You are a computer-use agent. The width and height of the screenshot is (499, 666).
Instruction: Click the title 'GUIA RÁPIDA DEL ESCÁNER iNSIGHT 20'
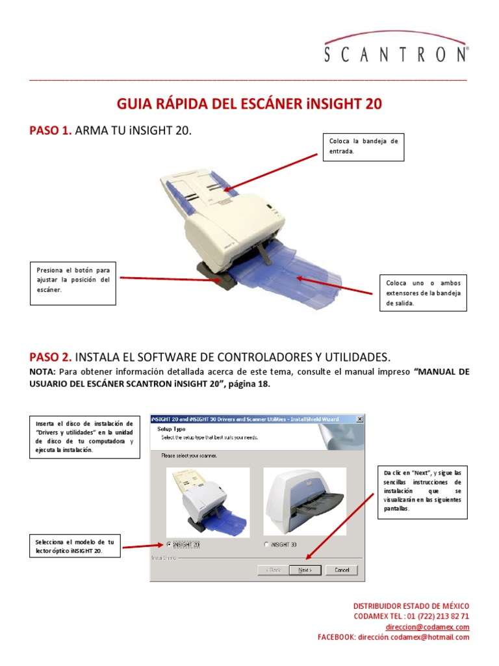(249, 105)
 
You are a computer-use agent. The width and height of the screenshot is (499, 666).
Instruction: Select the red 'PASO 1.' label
(51, 131)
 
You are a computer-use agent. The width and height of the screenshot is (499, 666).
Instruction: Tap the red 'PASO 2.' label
(51, 357)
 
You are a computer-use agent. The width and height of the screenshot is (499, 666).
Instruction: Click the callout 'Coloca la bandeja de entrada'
(363, 146)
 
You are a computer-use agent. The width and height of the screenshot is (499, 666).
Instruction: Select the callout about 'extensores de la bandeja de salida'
(423, 293)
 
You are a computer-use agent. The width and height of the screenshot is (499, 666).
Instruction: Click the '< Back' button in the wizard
(273, 570)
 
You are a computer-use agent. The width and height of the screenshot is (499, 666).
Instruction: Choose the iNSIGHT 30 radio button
(266, 544)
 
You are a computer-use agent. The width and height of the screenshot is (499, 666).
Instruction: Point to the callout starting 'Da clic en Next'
(422, 490)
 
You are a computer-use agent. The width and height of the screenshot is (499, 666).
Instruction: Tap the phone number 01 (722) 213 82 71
(439, 616)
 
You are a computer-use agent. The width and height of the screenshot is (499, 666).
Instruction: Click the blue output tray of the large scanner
(286, 280)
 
